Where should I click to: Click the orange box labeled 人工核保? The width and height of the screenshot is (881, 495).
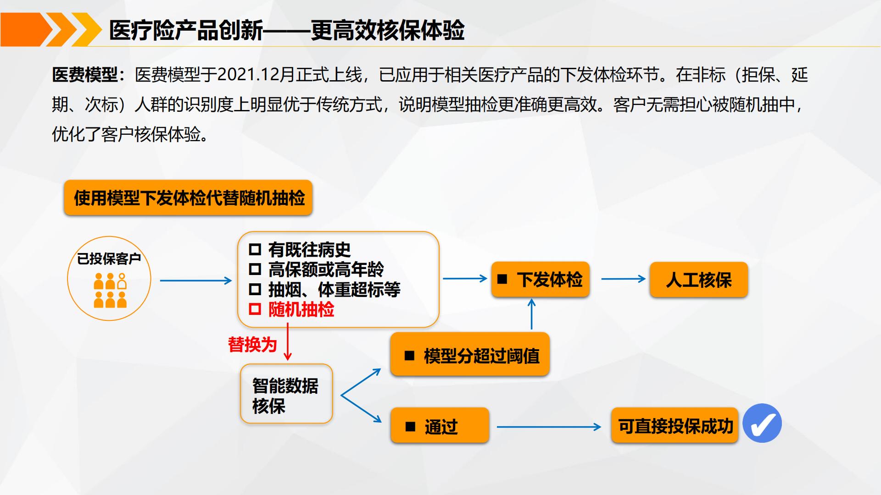pos(698,280)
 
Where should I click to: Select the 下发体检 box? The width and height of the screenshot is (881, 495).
pos(540,280)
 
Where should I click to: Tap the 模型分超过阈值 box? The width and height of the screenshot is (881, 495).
pos(470,355)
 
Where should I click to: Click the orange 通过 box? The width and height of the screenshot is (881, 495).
pos(440,425)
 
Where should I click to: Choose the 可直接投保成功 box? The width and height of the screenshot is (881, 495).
pos(675,425)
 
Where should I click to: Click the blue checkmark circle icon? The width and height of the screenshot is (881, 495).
pos(762,423)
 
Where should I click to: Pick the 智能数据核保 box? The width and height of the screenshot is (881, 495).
pos(286,394)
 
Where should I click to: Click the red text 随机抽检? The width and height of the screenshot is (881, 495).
pos(301,309)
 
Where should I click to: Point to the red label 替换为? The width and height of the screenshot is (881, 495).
pos(252,344)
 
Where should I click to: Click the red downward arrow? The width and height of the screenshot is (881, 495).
pos(288,342)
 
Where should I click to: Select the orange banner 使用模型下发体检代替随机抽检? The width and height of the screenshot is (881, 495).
pos(188,198)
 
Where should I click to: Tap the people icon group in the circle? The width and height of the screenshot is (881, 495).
pos(110,290)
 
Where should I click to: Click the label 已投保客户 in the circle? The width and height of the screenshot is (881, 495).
pos(109,259)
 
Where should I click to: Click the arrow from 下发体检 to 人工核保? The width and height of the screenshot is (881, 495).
pos(623,279)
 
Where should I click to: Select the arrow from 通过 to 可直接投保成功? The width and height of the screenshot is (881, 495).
pos(549,427)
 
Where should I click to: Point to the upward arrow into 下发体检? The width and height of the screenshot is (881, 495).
pos(532,314)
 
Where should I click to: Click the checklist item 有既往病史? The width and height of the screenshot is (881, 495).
pos(309,250)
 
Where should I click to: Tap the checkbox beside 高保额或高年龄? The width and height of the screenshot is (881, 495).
pos(255,269)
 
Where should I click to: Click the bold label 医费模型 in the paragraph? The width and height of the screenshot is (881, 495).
pos(85,75)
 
